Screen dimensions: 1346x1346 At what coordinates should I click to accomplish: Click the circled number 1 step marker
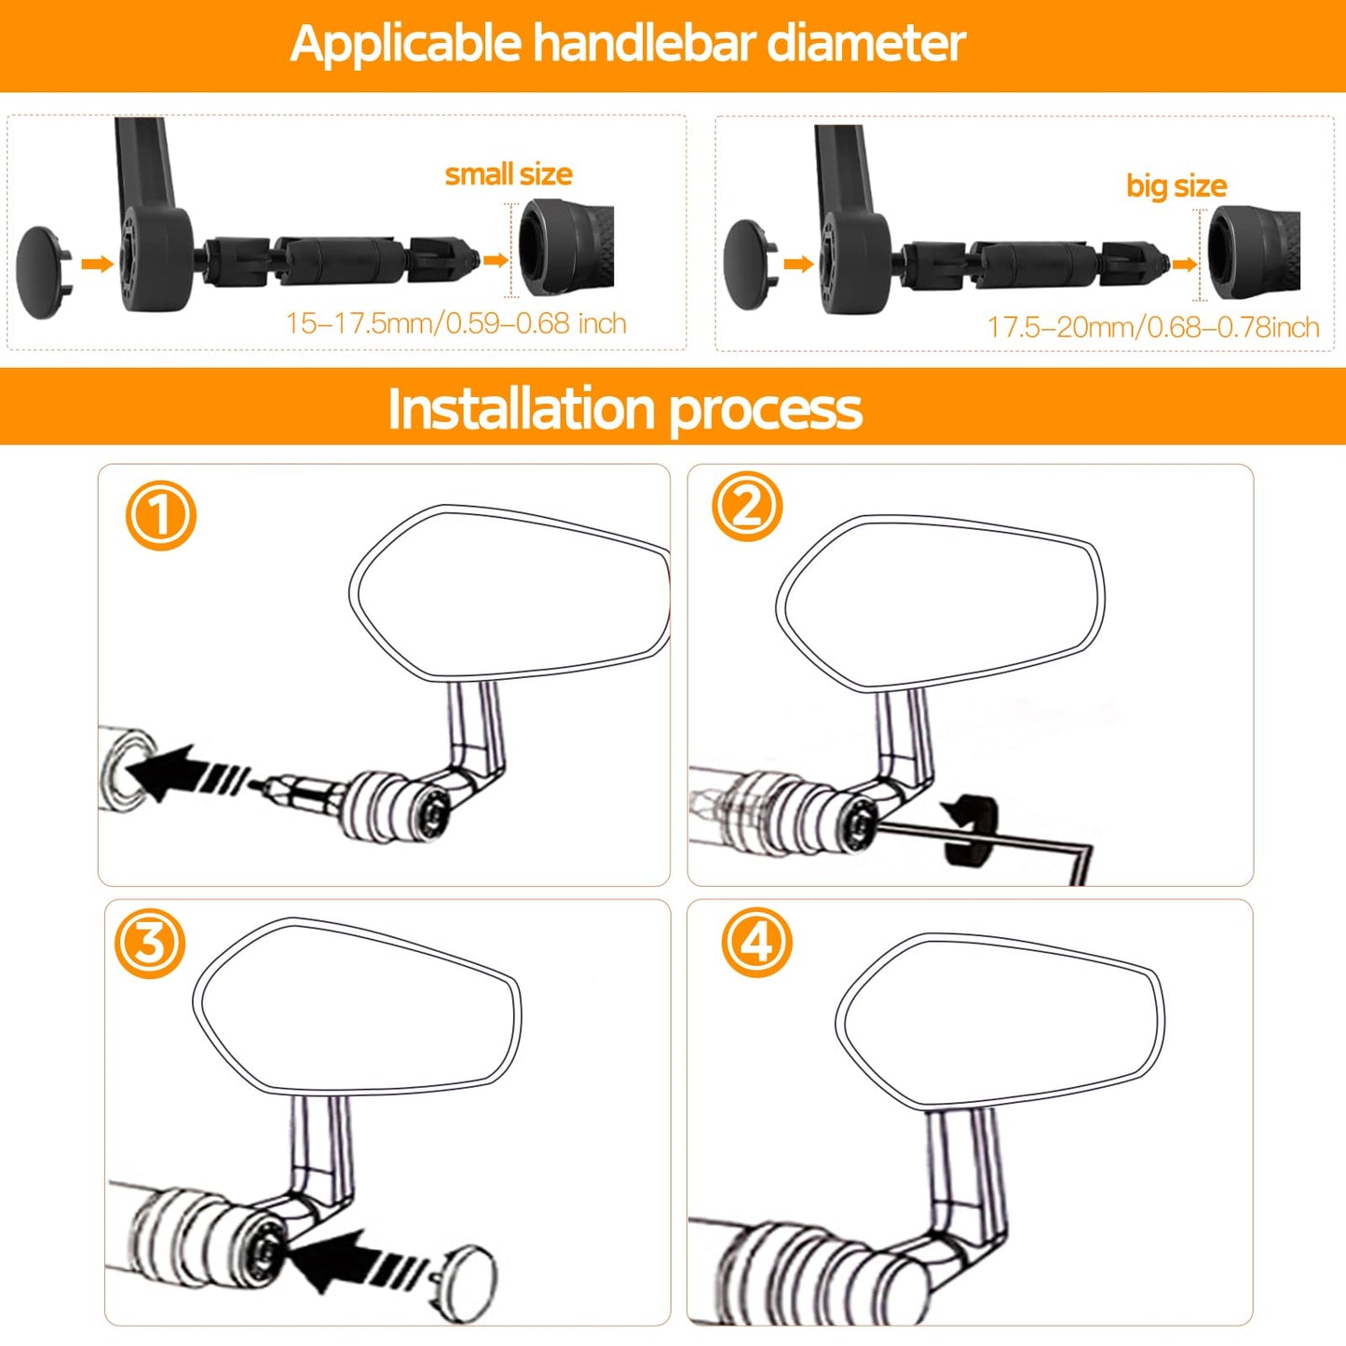point(160,515)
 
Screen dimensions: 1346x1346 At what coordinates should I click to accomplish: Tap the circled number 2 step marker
point(747,507)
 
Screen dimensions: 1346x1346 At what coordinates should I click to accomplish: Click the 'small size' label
point(509,174)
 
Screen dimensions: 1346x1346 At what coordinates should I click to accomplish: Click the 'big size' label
point(1176,185)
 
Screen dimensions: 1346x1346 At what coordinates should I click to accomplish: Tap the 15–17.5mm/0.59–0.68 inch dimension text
point(456,323)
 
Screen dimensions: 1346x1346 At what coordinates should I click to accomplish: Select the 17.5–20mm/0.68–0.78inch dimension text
point(1152,327)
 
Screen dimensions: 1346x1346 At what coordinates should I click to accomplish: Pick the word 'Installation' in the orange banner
point(521,409)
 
